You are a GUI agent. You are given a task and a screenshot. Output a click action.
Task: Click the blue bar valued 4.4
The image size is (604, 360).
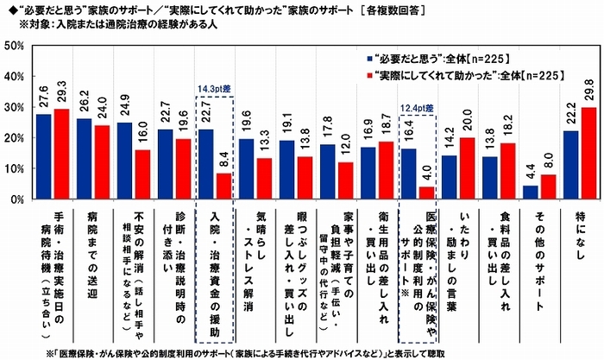531,192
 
